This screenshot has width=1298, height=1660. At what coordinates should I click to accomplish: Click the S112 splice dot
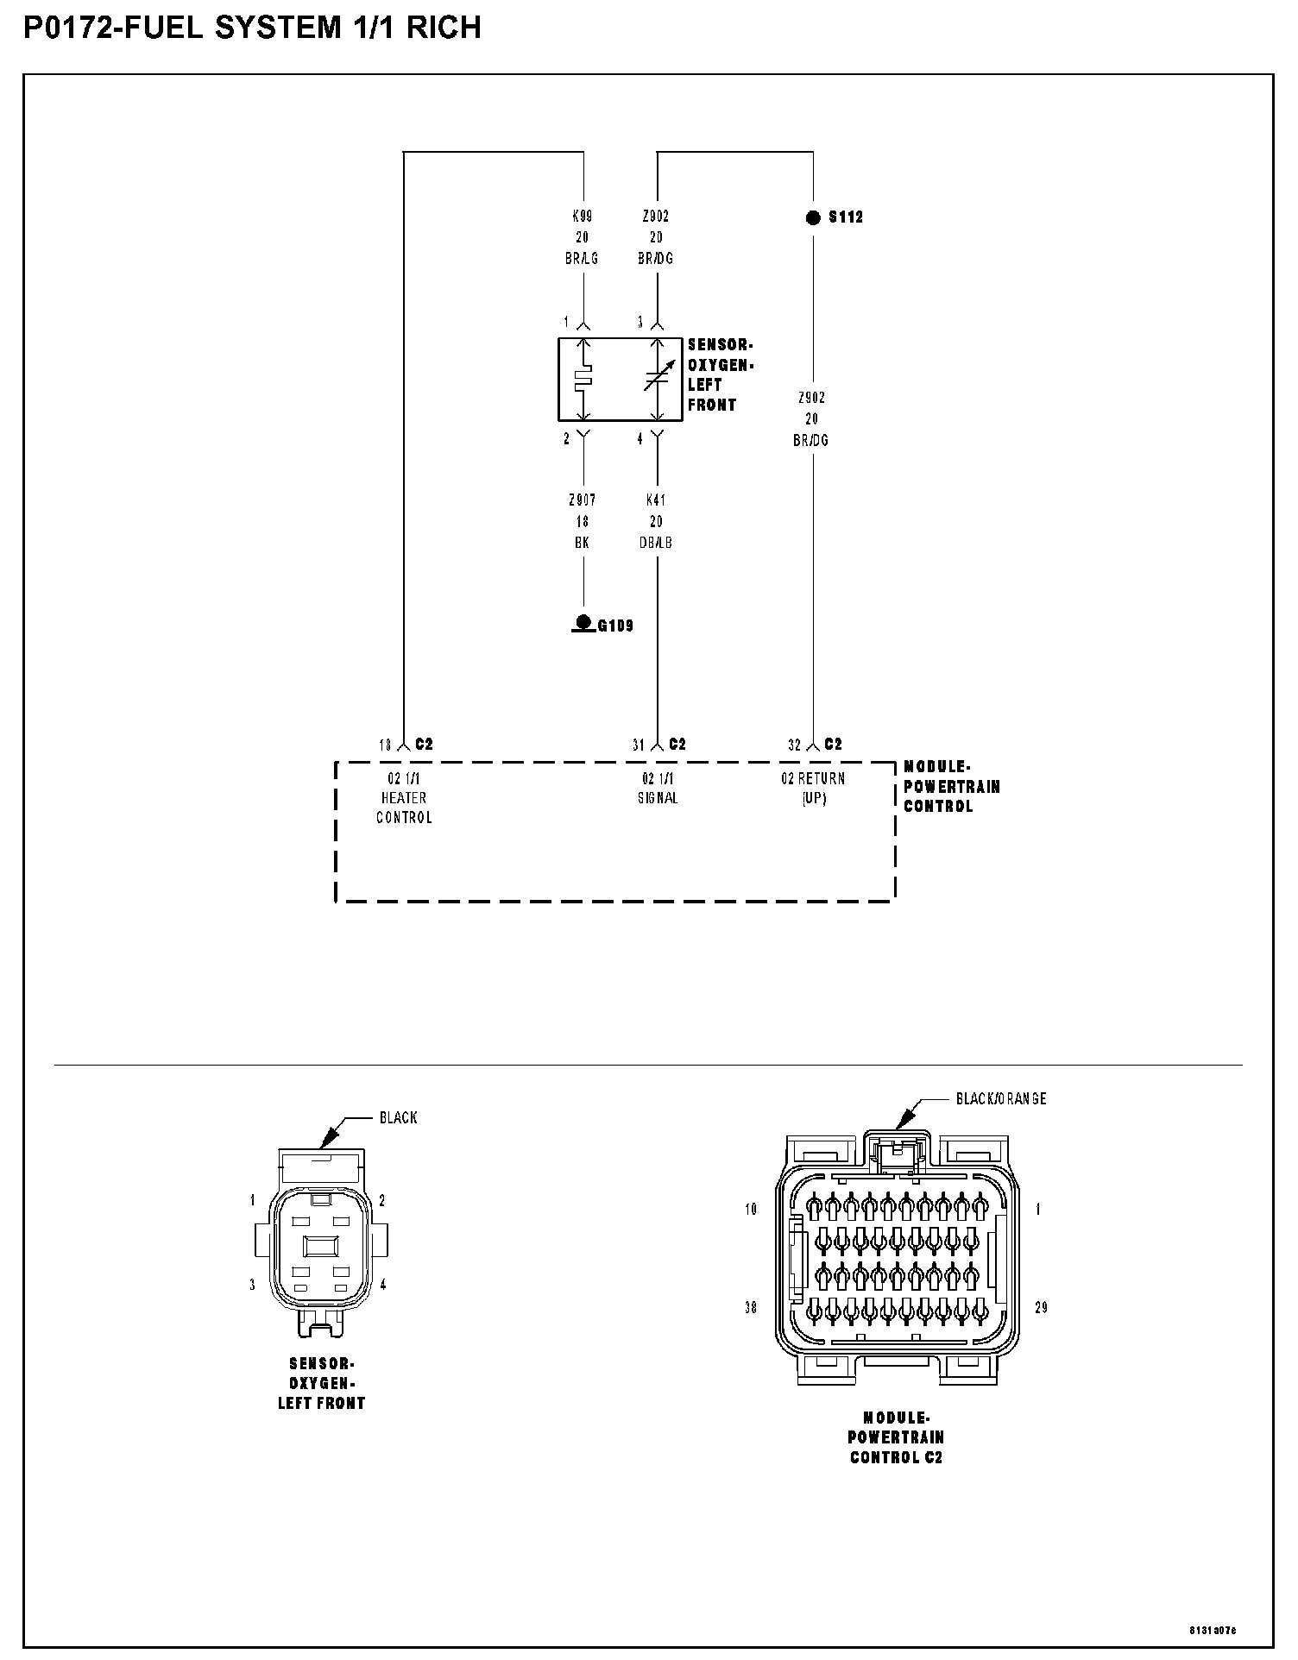(x=813, y=217)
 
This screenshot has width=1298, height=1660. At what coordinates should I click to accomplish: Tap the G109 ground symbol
(x=583, y=623)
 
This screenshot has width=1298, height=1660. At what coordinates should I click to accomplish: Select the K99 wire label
(x=583, y=217)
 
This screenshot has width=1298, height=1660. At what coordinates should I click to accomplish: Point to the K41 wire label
(x=656, y=500)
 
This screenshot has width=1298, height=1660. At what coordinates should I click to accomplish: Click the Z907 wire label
(x=583, y=500)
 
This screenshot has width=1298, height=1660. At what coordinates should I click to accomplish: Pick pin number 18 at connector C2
(x=385, y=745)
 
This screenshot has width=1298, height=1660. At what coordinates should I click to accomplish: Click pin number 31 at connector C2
(x=639, y=745)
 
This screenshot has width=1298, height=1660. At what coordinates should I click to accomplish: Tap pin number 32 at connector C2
(x=795, y=745)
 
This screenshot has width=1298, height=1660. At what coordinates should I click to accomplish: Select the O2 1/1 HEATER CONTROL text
(x=404, y=798)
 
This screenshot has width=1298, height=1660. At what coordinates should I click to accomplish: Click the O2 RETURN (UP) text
(x=813, y=789)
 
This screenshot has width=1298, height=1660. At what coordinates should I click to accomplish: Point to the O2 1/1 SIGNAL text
(x=658, y=789)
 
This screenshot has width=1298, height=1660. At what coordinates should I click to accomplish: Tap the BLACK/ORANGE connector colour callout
(x=1001, y=1099)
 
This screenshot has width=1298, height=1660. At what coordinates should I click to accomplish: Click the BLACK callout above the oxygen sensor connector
(x=398, y=1118)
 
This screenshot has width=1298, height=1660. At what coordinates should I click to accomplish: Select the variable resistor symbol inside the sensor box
(x=658, y=378)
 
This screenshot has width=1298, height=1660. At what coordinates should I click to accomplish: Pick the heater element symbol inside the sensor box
(x=584, y=378)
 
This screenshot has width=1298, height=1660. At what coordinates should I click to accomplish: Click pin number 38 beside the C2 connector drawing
(x=751, y=1308)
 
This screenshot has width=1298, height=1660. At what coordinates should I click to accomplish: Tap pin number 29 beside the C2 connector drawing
(x=1042, y=1308)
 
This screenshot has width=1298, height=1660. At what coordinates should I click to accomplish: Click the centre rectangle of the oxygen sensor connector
(x=320, y=1247)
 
